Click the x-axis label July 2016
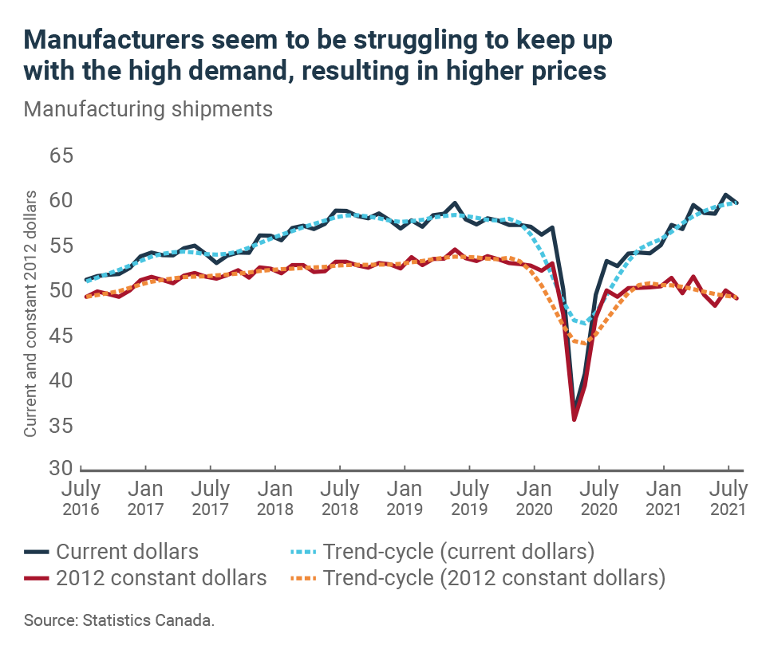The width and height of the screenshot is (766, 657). pos(81,498)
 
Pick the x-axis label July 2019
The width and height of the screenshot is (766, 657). pos(470,498)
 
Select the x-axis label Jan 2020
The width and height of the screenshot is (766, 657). pos(535,498)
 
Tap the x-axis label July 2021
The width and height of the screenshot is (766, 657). pos(728,498)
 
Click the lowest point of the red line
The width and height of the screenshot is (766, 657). pos(574,419)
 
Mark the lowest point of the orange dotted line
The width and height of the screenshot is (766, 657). pos(586,344)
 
